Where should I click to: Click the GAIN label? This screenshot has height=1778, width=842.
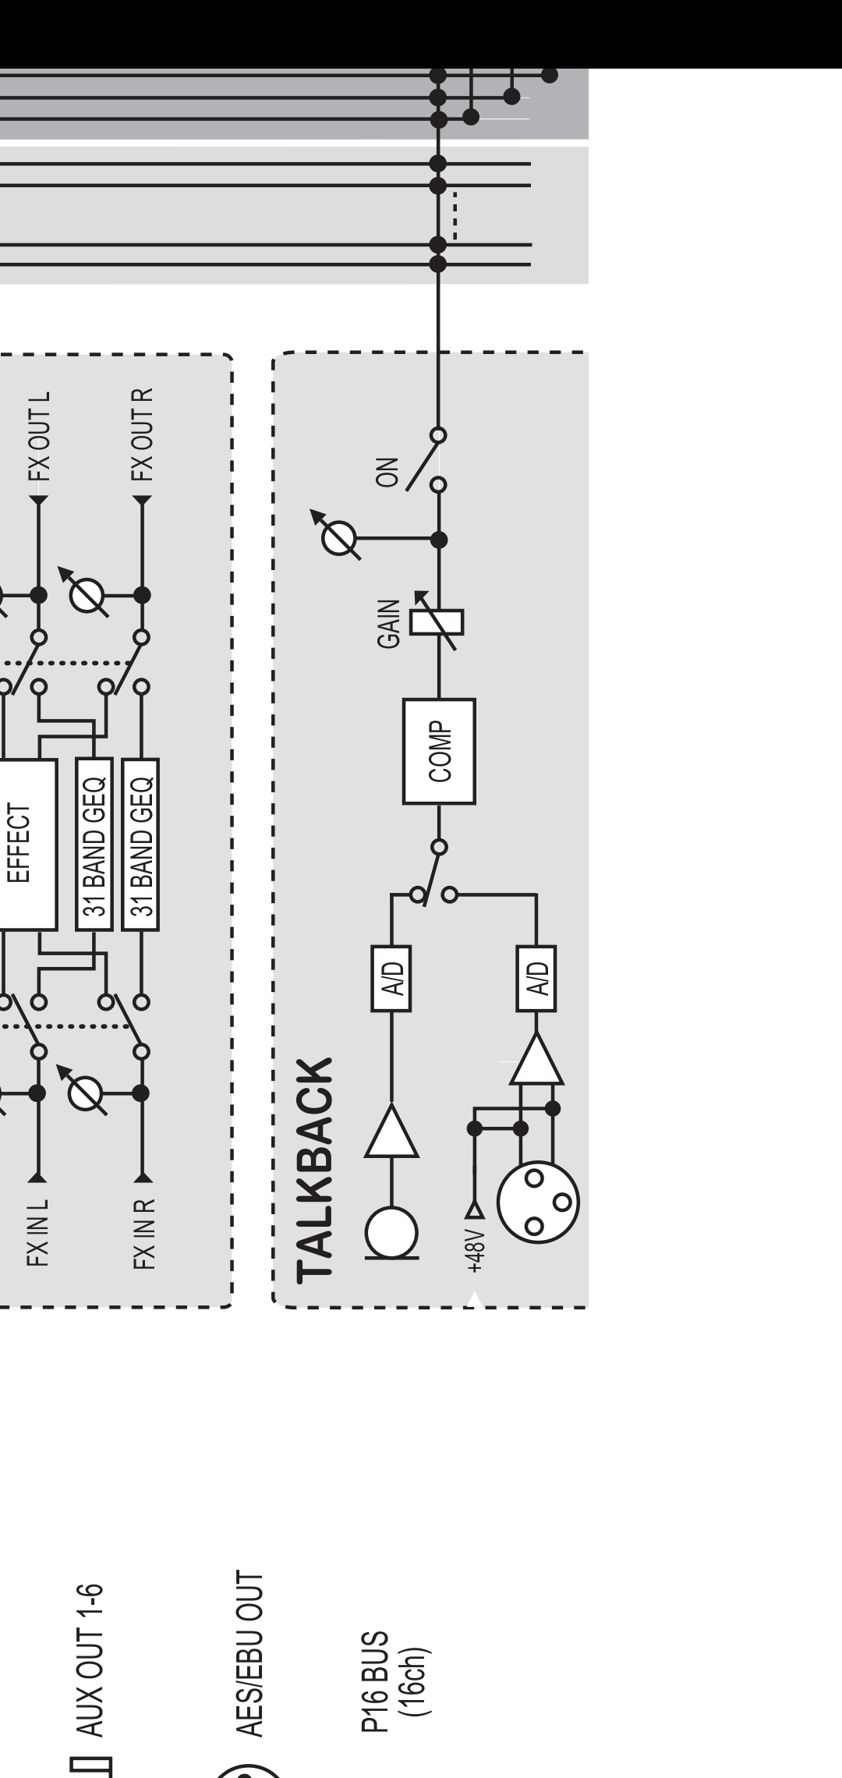[x=388, y=623]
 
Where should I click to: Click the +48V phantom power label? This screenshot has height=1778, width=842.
[x=476, y=1252]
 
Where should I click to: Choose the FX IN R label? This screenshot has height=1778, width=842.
[x=142, y=1233]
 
